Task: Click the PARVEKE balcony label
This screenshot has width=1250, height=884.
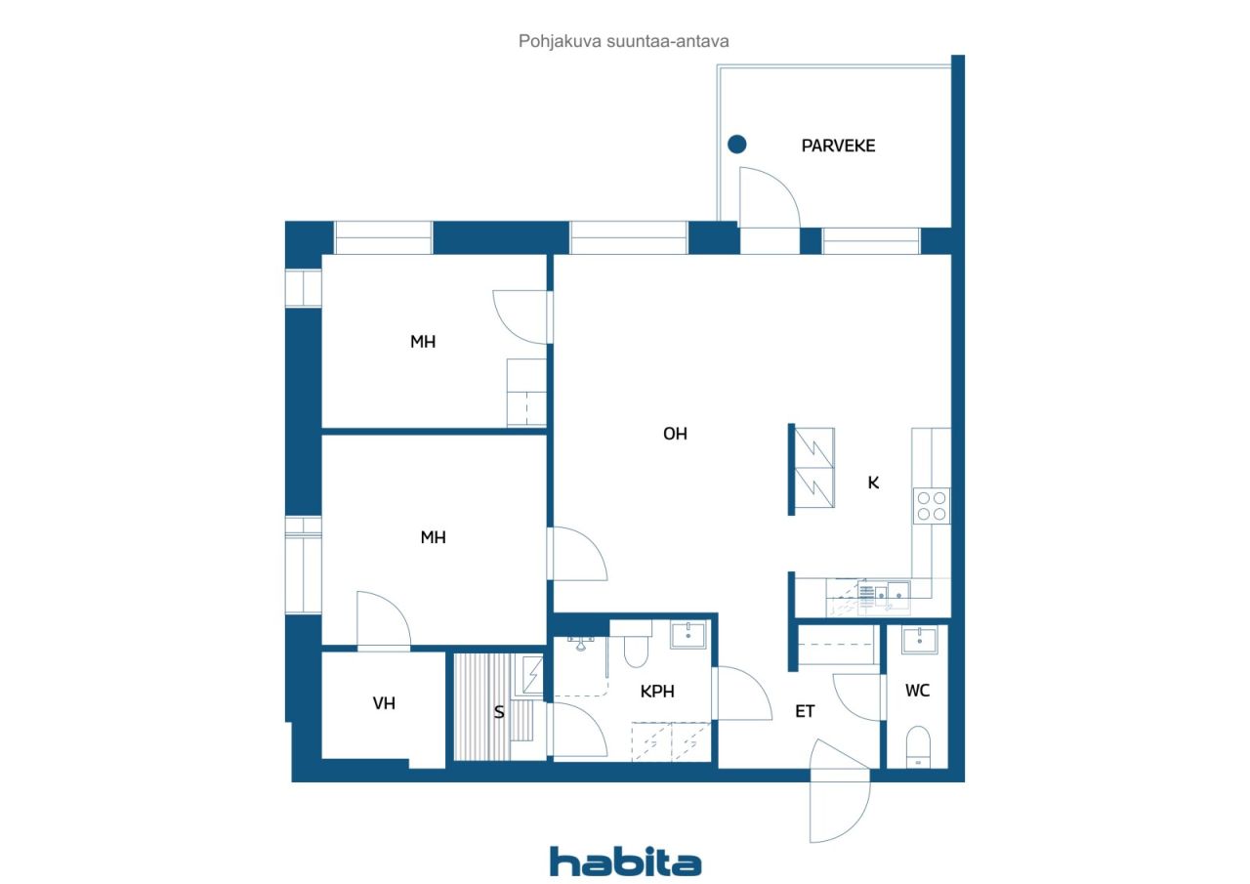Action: coord(838,146)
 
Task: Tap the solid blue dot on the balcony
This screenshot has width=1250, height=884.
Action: coord(736,145)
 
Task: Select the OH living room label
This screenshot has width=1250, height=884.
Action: coord(675,434)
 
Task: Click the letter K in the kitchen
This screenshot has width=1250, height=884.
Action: coord(873,483)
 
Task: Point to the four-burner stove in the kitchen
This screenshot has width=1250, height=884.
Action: coord(931,506)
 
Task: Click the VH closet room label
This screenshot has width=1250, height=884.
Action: coord(384,703)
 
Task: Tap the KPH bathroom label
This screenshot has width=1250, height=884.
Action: coord(657,692)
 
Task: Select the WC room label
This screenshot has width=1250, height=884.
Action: coord(917,691)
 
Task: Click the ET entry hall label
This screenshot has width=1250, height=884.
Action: coord(804,711)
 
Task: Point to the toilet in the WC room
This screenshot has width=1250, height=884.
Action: coord(918,746)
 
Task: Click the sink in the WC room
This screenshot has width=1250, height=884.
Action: coord(919,640)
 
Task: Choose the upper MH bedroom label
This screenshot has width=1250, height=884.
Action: coord(423,342)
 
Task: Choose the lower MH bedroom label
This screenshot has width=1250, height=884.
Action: coord(433,537)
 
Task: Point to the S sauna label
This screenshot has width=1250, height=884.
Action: coord(499,713)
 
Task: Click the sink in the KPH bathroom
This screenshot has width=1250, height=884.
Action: coord(687,635)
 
